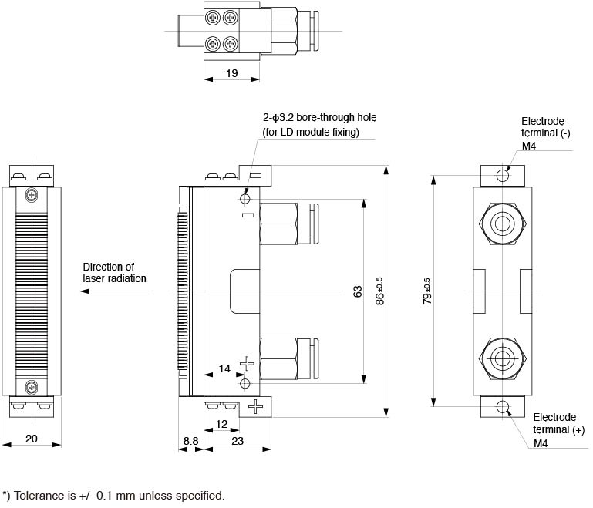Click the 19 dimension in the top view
pos(231,74)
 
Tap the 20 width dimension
pos(32,438)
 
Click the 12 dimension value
pos(221,424)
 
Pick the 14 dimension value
pos(224,369)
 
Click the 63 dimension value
pos(357,291)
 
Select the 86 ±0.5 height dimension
pos(379,291)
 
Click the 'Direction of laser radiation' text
pos(114,272)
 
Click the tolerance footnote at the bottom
pos(113,495)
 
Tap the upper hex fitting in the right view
pos(503,224)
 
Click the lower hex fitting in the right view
pos(503,358)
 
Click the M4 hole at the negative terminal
pos(503,175)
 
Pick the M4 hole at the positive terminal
pos(503,407)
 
